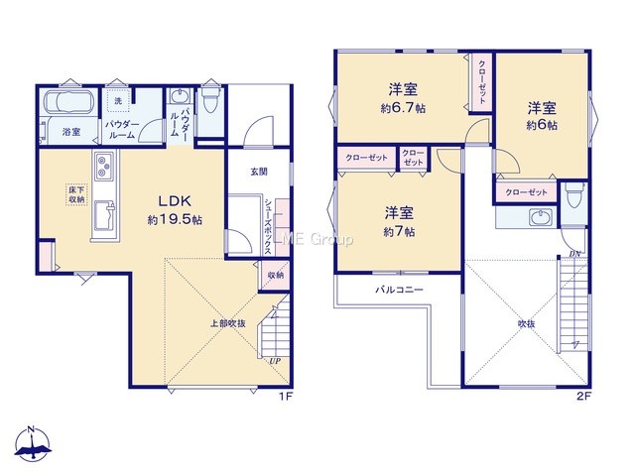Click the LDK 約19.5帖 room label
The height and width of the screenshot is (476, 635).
point(175,210)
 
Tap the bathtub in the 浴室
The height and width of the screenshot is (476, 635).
point(68,101)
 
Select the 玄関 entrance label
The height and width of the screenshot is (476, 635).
point(258,172)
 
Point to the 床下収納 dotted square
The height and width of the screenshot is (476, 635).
point(76,194)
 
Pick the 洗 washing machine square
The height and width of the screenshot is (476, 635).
point(118,101)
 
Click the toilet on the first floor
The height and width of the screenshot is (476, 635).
point(209,100)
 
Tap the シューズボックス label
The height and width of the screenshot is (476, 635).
point(268,226)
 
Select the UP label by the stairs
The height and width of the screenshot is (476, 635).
point(275,361)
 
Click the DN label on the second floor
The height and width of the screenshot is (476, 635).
point(574,254)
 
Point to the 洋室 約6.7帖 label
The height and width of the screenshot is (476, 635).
point(403,98)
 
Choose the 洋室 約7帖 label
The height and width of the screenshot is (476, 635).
point(399,222)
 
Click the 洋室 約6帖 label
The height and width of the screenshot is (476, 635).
point(542,116)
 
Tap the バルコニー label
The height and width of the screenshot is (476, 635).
point(399,290)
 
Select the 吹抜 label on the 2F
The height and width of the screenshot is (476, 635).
point(527,324)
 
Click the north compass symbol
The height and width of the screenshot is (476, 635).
point(33,444)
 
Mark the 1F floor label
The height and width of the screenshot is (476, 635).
point(285,397)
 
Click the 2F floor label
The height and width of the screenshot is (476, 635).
point(583,397)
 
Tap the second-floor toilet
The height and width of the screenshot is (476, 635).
point(573,195)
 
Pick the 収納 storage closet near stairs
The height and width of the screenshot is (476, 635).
point(276,276)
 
